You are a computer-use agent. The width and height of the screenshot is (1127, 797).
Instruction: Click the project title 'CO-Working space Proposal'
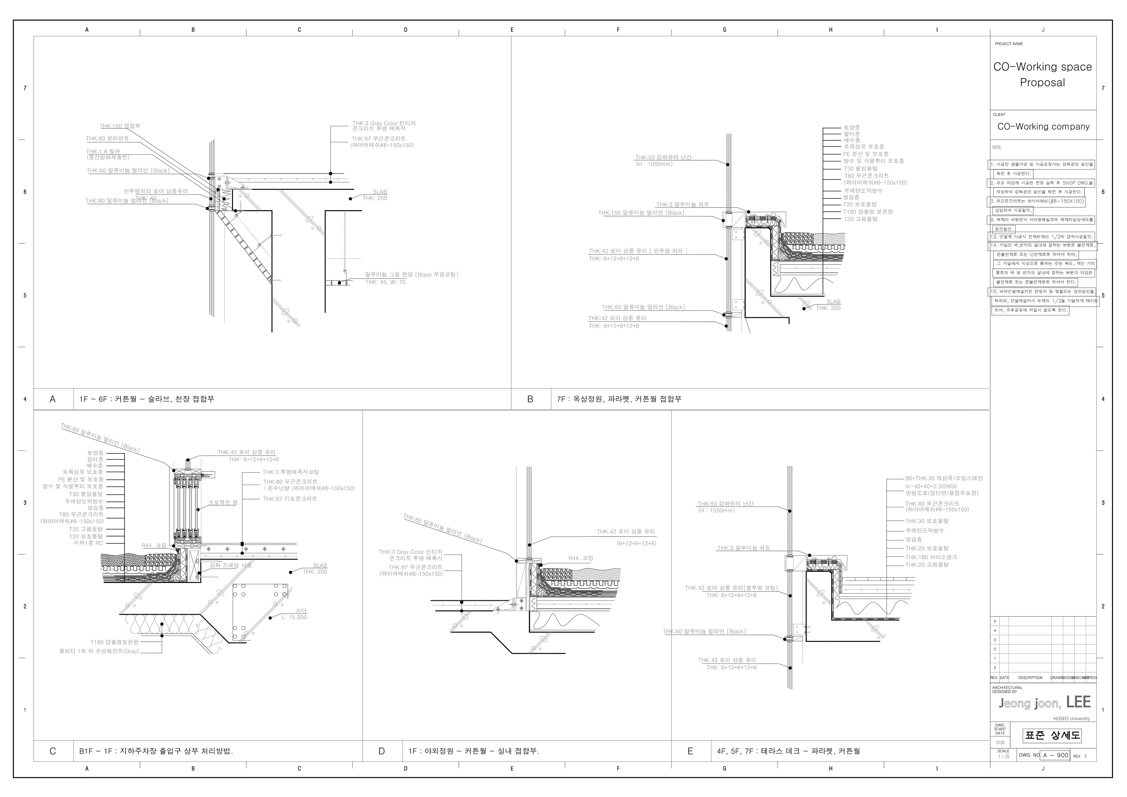click(x=1042, y=75)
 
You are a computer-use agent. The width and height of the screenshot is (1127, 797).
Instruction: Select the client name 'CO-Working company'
click(x=1043, y=127)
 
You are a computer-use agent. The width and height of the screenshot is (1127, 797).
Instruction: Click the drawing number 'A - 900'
click(x=1055, y=755)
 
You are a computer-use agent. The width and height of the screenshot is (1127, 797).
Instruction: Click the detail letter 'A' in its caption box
click(x=53, y=399)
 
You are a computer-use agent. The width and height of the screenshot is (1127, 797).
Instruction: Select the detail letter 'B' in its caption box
click(x=530, y=399)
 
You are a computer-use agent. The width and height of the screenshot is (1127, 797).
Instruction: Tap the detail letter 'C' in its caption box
click(x=53, y=751)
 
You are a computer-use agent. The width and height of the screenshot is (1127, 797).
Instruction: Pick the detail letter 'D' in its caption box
click(x=382, y=751)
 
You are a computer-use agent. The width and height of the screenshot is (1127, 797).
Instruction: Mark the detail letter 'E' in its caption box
click(x=690, y=751)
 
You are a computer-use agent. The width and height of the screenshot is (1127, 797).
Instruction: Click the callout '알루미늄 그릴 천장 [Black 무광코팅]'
click(x=411, y=274)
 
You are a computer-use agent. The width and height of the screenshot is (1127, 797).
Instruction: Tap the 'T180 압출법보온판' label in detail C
click(x=114, y=642)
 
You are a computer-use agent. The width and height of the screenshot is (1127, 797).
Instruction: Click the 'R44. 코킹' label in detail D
click(x=581, y=558)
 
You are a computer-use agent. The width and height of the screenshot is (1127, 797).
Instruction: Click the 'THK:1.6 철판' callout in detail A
click(x=103, y=152)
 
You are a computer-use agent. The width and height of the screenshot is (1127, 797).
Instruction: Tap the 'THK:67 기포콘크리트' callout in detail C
click(x=290, y=499)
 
